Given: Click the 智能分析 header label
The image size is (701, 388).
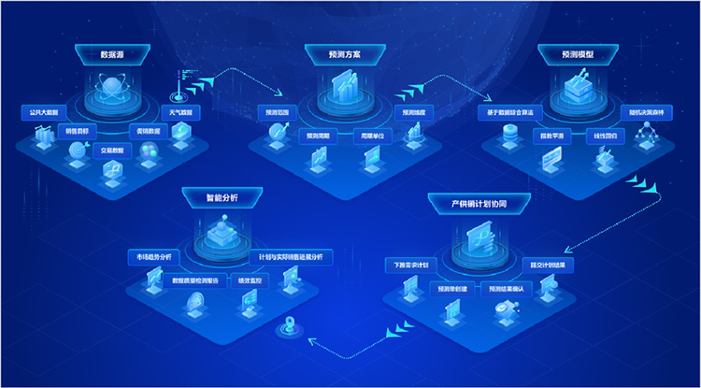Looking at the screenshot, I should [x=222, y=197].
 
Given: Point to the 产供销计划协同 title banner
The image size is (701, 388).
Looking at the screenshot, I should [x=479, y=202].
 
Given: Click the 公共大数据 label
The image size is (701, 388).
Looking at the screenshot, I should [x=42, y=111].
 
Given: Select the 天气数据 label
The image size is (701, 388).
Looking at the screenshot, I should [x=181, y=111].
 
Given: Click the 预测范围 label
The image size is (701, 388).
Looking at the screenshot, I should [x=279, y=114].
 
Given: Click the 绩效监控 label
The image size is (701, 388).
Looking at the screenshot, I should [x=251, y=279].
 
